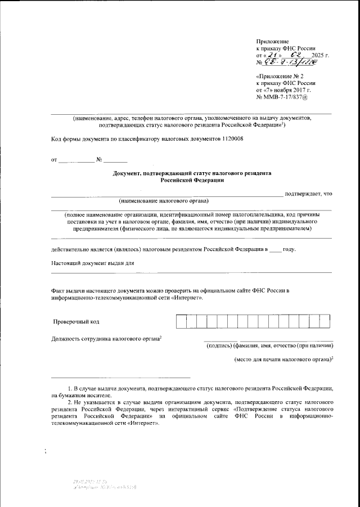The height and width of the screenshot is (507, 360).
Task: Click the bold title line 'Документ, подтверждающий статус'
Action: [x=192, y=173]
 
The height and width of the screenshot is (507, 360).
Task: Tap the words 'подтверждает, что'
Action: [x=308, y=194]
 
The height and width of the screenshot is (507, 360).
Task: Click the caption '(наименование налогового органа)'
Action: [x=163, y=201]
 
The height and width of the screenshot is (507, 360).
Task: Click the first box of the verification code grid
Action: [x=181, y=321]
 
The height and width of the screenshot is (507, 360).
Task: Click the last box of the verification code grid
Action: [x=325, y=321]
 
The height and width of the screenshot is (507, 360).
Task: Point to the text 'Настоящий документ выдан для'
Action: [x=92, y=263]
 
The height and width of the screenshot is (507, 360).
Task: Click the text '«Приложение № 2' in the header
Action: [x=280, y=75]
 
